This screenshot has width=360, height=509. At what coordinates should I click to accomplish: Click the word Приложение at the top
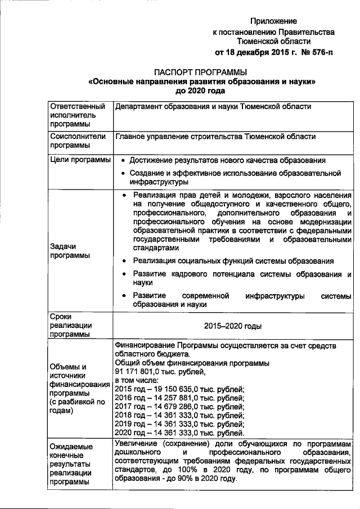tap(274, 20)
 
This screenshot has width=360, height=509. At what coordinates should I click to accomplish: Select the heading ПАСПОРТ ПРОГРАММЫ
tap(201, 73)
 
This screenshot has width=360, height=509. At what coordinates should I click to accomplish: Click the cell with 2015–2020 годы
tap(232, 326)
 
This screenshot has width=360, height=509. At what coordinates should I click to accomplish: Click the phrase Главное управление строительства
tap(178, 137)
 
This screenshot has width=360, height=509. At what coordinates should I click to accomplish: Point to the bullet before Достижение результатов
tap(123, 160)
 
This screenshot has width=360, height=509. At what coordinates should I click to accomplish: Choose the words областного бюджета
tap(152, 354)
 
